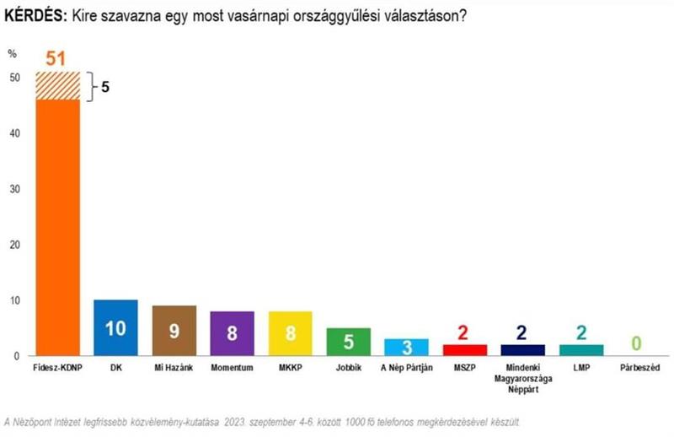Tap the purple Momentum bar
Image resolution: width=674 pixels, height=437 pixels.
[x=232, y=333]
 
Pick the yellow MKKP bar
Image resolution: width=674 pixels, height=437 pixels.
[x=290, y=333]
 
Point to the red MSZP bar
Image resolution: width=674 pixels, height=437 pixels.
[x=464, y=350]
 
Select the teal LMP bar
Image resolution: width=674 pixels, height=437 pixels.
[x=580, y=350]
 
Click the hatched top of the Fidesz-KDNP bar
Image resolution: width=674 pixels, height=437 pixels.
[x=57, y=86]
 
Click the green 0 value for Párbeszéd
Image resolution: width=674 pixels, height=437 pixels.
[x=639, y=343]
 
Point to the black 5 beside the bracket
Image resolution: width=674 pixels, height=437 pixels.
[x=106, y=86]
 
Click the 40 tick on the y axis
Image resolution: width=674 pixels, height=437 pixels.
[x=14, y=133]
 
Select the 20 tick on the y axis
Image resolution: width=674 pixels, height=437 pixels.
[x=14, y=245]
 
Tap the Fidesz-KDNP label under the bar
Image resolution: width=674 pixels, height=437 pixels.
[x=57, y=368]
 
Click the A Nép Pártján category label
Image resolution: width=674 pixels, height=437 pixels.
[x=406, y=368]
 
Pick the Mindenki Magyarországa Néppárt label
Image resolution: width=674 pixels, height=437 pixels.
[x=522, y=376]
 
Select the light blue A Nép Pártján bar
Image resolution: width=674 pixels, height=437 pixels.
[x=406, y=348]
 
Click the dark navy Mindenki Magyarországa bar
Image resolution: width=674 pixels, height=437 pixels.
[x=522, y=350]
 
